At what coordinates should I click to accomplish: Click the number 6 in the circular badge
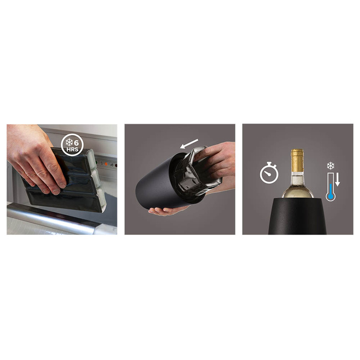[76, 142]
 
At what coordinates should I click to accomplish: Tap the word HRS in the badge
[73, 150]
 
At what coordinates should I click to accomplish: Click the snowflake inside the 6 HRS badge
[69, 142]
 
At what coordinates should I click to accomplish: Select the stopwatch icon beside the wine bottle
[269, 173]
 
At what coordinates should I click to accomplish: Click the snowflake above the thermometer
[331, 166]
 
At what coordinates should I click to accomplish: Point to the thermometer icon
[331, 187]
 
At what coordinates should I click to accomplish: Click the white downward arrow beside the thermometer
[337, 180]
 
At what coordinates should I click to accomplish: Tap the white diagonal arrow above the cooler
[189, 144]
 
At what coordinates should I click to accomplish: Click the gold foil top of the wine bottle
[297, 161]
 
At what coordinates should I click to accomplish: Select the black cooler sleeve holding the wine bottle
[297, 216]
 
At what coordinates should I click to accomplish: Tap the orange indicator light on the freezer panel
[106, 164]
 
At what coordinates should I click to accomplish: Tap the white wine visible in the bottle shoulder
[297, 188]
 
